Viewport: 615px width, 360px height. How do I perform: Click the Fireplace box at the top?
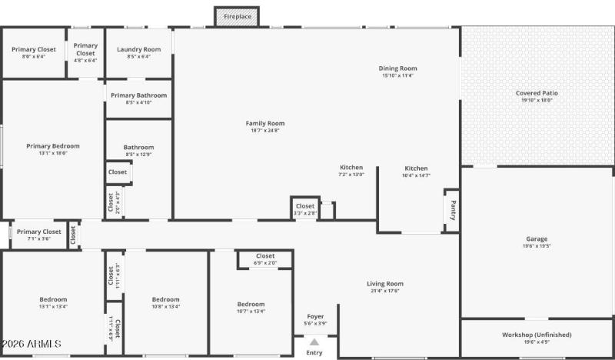[x=236, y=16]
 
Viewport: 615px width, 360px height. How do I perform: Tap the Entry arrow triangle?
[x=314, y=342]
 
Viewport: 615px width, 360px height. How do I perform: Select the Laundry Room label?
[x=138, y=49]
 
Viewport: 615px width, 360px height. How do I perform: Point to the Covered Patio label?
[x=537, y=93]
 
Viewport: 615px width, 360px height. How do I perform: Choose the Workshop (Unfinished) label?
[x=537, y=335]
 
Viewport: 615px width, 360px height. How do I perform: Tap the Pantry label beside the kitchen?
[x=452, y=211]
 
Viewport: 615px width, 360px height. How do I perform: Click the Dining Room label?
[x=397, y=68]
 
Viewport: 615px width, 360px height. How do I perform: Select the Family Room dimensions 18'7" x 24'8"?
[x=265, y=131]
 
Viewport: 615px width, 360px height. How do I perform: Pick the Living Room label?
[x=385, y=284]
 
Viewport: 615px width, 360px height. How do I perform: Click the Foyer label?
[x=315, y=316]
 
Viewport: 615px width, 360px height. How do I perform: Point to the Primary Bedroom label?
[x=53, y=146]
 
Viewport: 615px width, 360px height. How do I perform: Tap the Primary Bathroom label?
[x=138, y=95]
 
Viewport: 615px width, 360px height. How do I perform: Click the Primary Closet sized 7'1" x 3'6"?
[x=39, y=232]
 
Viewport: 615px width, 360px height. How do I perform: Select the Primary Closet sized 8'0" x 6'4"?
[x=34, y=49]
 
